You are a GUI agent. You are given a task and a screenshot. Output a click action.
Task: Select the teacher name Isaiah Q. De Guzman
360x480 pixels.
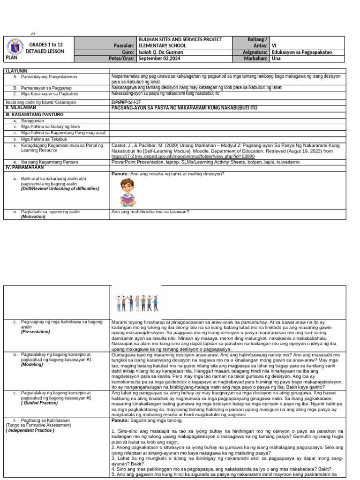160,52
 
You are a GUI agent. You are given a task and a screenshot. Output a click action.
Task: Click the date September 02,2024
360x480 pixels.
159,59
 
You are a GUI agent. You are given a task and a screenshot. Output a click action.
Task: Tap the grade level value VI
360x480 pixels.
274,46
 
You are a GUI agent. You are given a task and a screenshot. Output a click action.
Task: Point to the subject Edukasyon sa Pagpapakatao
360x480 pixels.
301,52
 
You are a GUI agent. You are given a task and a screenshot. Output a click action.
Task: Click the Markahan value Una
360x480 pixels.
276,59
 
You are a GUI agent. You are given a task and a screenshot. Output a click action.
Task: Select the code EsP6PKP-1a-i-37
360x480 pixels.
126,102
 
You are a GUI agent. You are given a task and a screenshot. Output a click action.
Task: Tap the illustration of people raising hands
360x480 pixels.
136,302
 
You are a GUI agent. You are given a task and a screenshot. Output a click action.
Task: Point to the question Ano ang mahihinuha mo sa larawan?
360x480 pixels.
150,212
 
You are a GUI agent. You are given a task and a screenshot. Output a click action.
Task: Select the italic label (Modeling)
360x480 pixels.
33,364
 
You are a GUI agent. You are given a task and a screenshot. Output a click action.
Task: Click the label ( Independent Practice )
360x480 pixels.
30,430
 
